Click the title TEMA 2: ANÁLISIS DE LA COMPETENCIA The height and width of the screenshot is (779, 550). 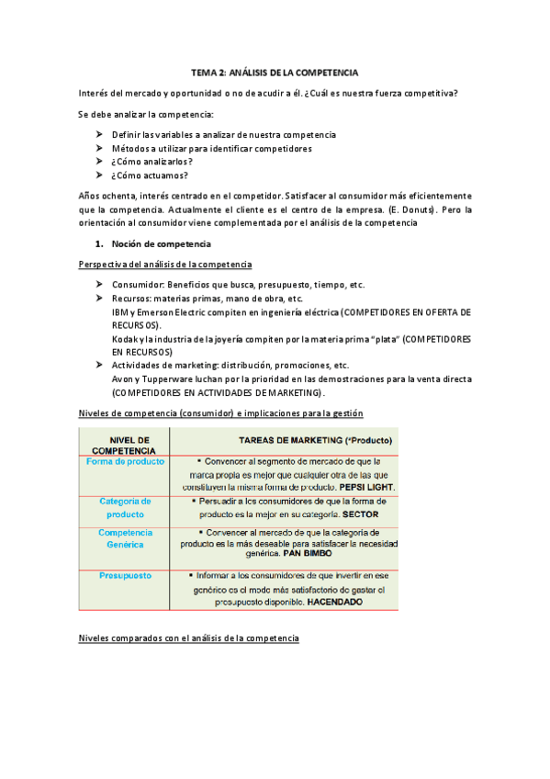[275, 72]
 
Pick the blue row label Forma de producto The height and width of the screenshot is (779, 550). [125, 461]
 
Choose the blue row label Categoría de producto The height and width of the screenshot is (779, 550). [125, 507]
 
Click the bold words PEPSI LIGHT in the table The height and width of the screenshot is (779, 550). [366, 486]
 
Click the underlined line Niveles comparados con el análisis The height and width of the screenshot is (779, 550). [188, 638]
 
